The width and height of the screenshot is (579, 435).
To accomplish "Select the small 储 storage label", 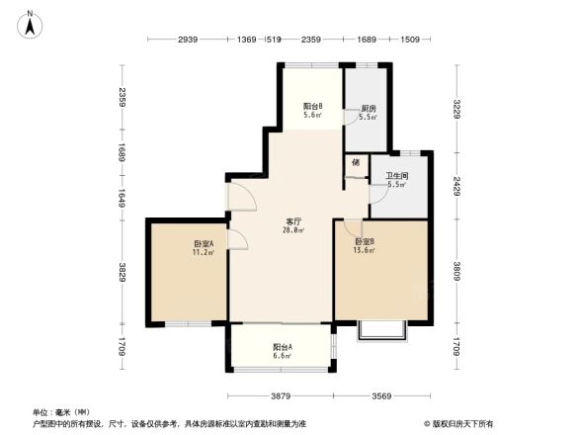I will click(356, 161).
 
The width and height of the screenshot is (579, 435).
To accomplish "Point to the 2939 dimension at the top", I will click(189, 40).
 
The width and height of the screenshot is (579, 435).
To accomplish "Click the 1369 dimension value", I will click(247, 40).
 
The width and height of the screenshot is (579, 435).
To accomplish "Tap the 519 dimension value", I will click(274, 40).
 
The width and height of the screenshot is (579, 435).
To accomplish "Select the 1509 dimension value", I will click(410, 40).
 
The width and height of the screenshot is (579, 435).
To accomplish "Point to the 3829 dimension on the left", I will click(122, 274).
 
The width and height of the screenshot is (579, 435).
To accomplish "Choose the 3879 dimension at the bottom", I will click(283, 397).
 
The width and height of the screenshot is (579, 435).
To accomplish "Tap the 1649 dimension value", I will click(122, 196).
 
